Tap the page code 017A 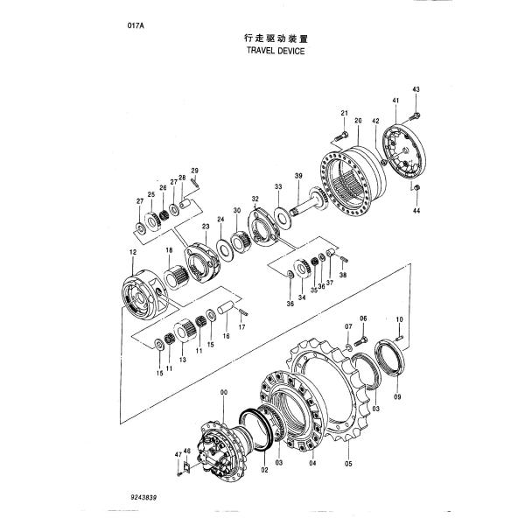coord(136,26)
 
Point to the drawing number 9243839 coord(148,495)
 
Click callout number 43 coord(416,90)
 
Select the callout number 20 coord(359,120)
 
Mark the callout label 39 coord(298,177)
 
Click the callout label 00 coord(224,393)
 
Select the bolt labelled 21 coord(341,135)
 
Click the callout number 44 coord(416,212)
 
